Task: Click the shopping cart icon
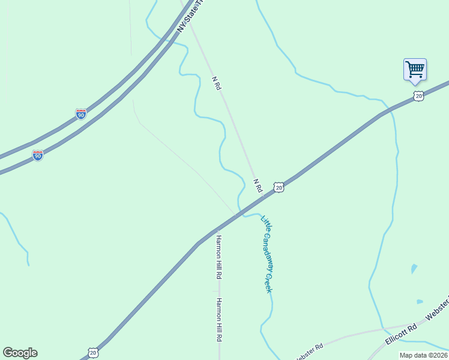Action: click(x=415, y=69)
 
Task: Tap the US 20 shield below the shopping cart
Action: click(x=419, y=96)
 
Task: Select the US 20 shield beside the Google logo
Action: click(x=92, y=353)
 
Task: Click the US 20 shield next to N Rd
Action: click(x=279, y=187)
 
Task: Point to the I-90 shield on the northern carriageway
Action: click(x=80, y=114)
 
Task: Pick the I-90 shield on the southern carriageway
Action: click(x=38, y=155)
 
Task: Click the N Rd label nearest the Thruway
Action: click(x=217, y=83)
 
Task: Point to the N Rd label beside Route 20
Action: click(x=258, y=185)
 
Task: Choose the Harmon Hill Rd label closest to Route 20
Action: click(x=219, y=257)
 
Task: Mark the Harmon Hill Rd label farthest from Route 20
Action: click(x=219, y=320)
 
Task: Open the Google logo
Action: click(x=20, y=353)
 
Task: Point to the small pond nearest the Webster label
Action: click(x=420, y=302)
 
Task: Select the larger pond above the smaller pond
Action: click(x=414, y=268)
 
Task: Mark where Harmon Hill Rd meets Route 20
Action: click(x=219, y=228)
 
